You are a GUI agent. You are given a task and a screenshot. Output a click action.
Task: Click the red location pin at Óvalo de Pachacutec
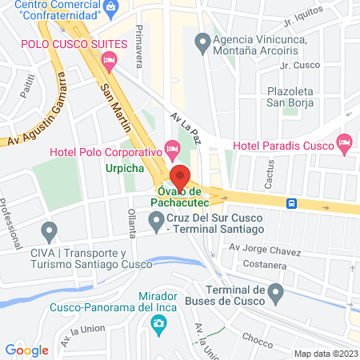180,177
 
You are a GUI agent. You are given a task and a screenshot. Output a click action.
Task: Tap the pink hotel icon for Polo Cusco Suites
110,59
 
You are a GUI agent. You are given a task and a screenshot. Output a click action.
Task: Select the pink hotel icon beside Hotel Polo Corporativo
172,147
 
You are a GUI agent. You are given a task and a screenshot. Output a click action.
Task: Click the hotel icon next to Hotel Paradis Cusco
345,145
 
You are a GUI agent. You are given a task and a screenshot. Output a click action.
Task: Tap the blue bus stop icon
294,203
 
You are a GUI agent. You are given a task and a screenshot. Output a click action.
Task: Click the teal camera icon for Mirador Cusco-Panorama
158,323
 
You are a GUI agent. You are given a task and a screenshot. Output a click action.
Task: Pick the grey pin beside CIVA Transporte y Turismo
50,234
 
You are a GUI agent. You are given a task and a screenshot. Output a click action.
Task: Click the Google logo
26,350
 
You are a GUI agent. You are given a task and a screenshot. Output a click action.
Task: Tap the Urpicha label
125,169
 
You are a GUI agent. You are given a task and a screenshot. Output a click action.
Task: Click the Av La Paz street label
186,126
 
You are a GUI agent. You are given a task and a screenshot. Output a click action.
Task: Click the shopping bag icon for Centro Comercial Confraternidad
112,7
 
